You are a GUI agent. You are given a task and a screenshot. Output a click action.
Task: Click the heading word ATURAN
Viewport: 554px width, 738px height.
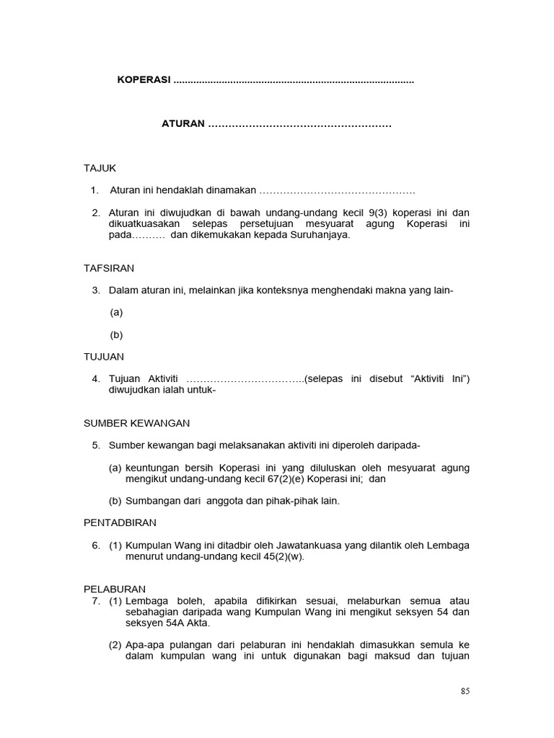pyautogui.click(x=183, y=124)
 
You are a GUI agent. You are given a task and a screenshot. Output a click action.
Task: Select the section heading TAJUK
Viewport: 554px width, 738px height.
pyautogui.click(x=100, y=168)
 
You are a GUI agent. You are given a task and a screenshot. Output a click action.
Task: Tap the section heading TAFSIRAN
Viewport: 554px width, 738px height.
pyautogui.click(x=109, y=268)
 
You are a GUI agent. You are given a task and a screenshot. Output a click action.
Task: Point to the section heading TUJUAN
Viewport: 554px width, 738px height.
pyautogui.click(x=104, y=357)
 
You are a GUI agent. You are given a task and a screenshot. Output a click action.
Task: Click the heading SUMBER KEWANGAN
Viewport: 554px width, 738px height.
pyautogui.click(x=137, y=423)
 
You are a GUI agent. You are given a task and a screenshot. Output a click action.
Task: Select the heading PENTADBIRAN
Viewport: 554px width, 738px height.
pyautogui.click(x=120, y=523)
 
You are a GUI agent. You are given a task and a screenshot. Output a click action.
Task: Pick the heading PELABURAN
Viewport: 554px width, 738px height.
pyautogui.click(x=115, y=589)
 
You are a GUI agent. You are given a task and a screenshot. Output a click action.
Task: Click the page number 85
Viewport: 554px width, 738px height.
pyautogui.click(x=465, y=691)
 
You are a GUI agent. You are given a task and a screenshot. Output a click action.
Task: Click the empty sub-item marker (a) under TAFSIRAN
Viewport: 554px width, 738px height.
pyautogui.click(x=116, y=312)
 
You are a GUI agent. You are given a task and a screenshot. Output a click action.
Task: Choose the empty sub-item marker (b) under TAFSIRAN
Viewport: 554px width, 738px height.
pyautogui.click(x=116, y=334)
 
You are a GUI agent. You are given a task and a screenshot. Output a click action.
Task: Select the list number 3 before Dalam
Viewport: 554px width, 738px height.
pyautogui.click(x=95, y=290)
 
